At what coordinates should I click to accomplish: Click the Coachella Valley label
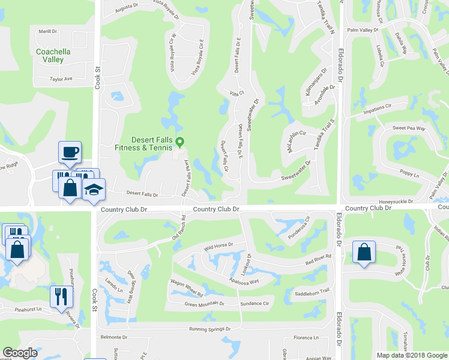pyautogui.click(x=53, y=56)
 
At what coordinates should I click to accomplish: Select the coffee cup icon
pyautogui.click(x=69, y=152)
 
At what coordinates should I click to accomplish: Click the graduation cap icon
pyautogui.click(x=93, y=190)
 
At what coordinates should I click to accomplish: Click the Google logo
pyautogui.click(x=20, y=352)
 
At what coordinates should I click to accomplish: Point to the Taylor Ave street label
pyautogui.click(x=61, y=79)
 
